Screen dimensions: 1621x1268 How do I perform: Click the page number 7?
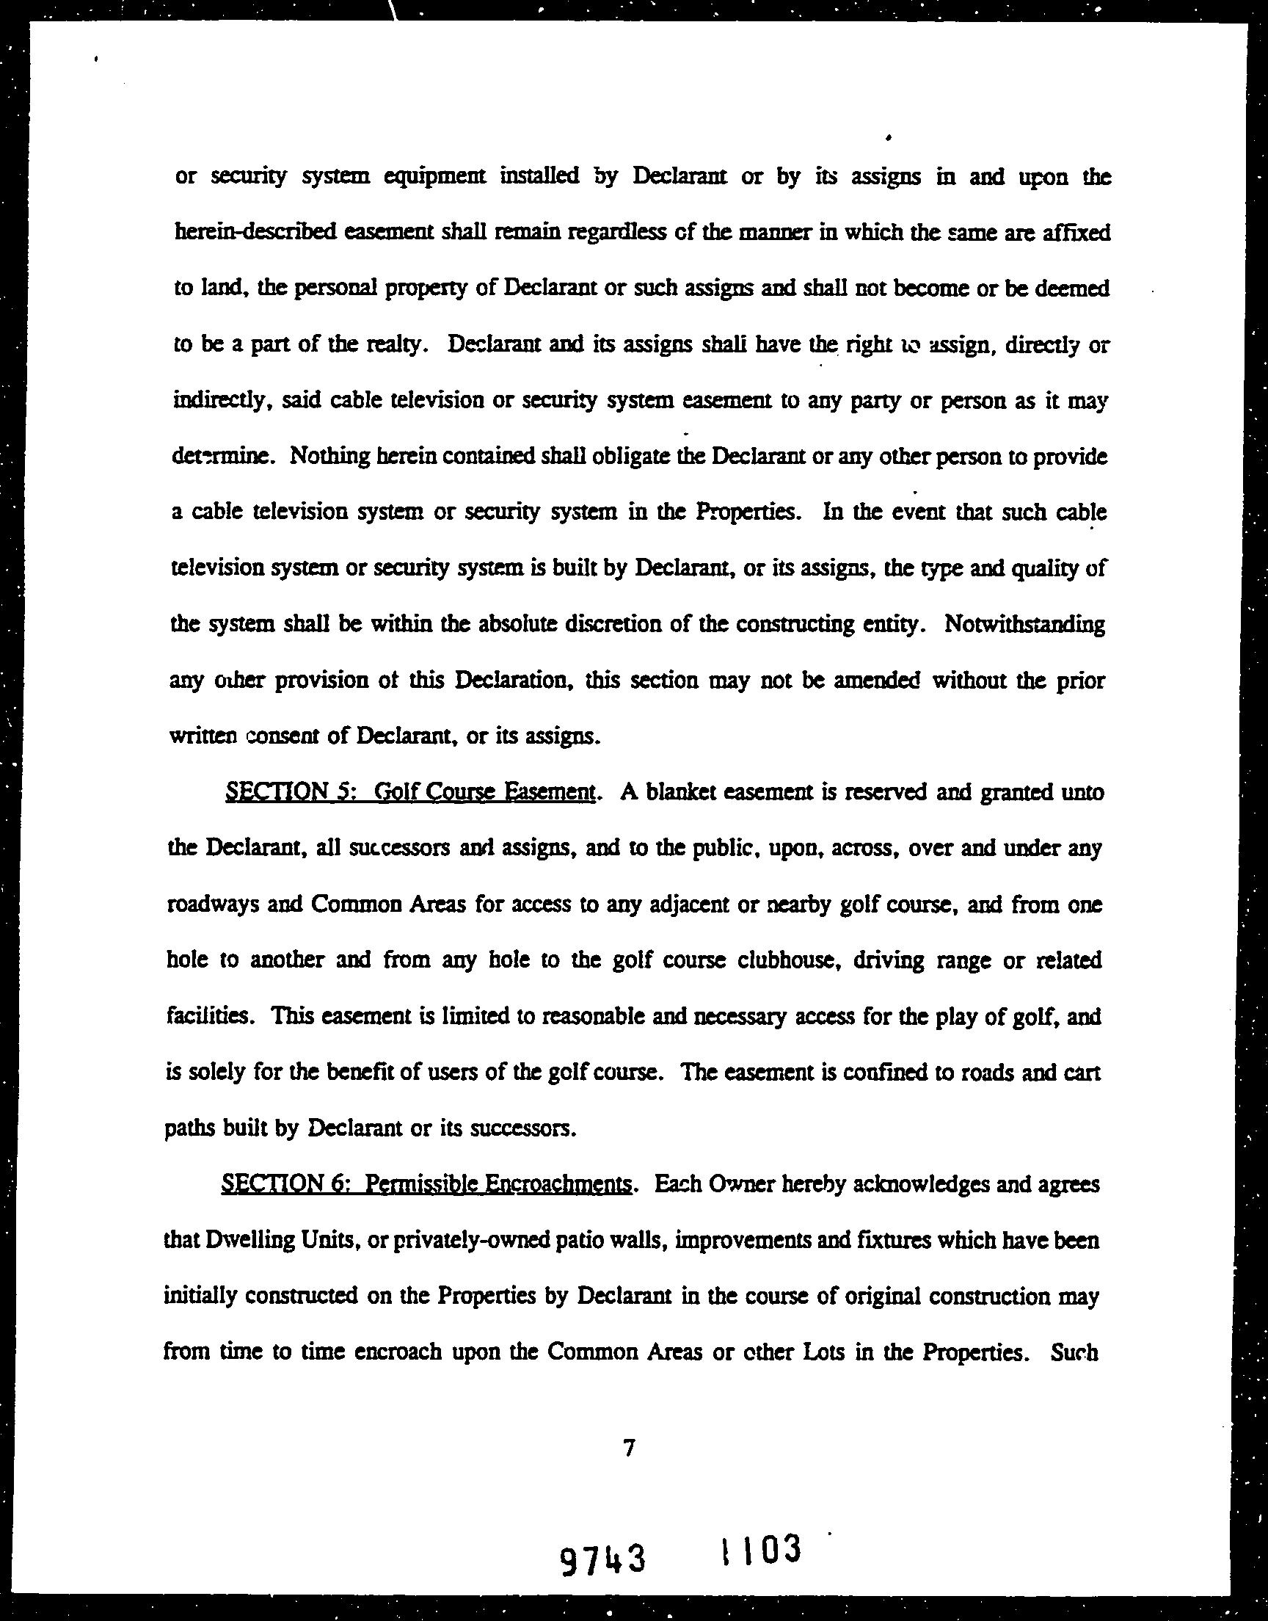coord(630,1448)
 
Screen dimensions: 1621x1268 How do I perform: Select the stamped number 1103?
coord(760,1551)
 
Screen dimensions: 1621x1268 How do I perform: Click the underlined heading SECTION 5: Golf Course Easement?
coord(409,792)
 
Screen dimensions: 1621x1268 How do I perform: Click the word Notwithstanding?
coord(1024,624)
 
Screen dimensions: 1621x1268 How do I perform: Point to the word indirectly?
coord(216,401)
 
